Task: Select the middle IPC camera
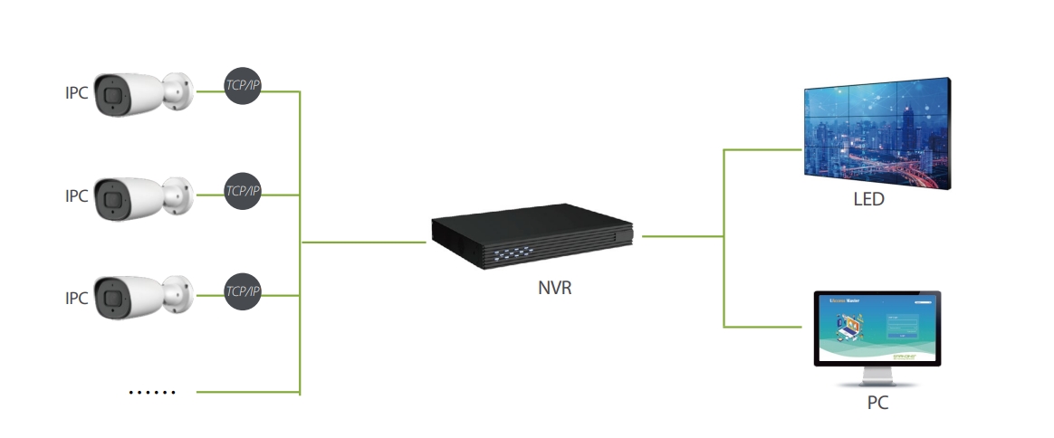143,195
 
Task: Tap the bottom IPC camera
143,296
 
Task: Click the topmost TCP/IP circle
242,85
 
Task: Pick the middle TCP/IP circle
242,190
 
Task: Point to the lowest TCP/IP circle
242,290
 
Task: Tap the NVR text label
555,290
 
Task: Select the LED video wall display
878,131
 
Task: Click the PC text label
877,403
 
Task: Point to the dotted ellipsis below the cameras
151,392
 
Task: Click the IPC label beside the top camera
76,92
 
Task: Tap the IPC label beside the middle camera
76,195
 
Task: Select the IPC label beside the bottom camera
76,297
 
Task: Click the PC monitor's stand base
877,382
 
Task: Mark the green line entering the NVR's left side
362,242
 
